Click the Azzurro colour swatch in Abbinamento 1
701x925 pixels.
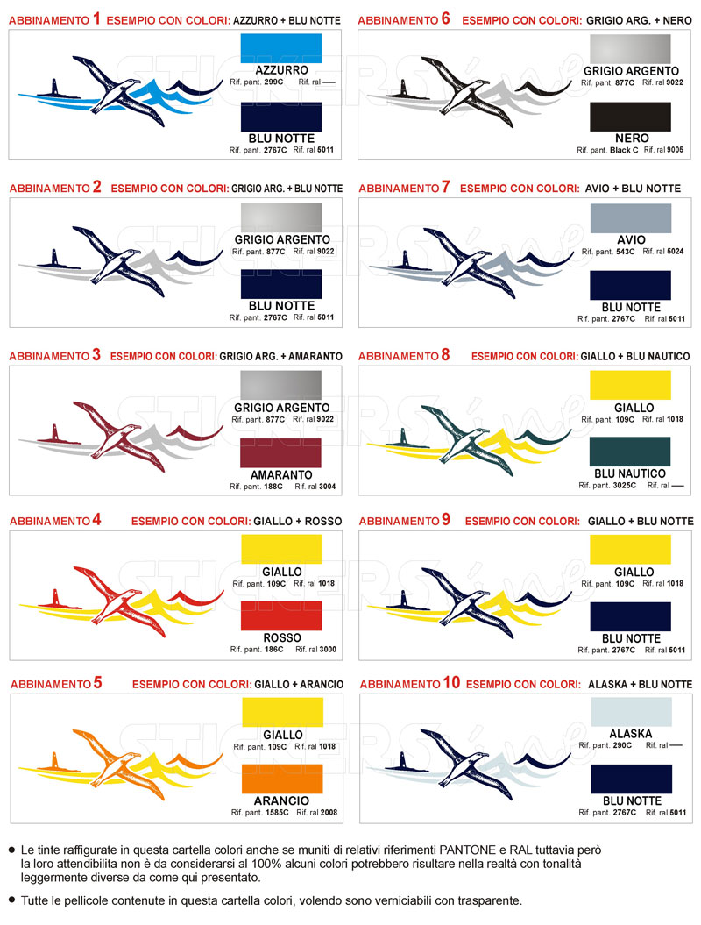click(x=281, y=48)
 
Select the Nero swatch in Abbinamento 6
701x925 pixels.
click(x=630, y=117)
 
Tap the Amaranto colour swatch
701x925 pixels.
click(x=280, y=452)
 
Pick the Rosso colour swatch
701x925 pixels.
click(x=282, y=615)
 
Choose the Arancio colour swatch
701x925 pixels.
click(x=282, y=779)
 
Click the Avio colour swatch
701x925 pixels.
click(x=631, y=218)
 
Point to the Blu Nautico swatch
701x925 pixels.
click(x=630, y=452)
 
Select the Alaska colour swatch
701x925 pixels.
click(x=632, y=711)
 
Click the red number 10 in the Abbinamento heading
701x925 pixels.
click(x=451, y=682)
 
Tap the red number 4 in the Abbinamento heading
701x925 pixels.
click(x=96, y=520)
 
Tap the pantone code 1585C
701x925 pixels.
click(x=277, y=812)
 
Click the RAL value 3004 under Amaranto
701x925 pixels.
click(x=327, y=487)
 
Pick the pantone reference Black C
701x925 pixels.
click(x=624, y=151)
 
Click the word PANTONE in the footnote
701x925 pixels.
click(x=468, y=850)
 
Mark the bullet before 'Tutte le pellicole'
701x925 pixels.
click(x=11, y=900)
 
